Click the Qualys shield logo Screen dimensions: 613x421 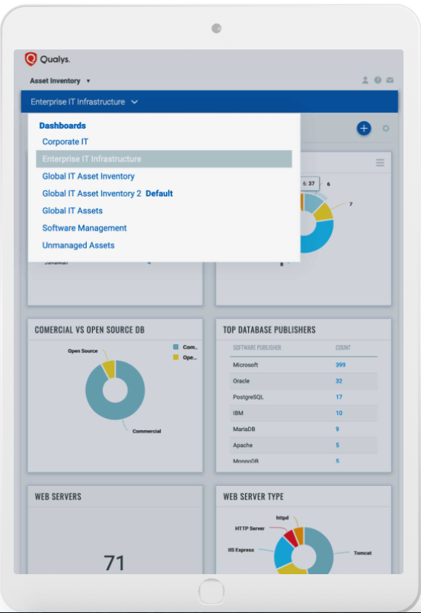[31, 59]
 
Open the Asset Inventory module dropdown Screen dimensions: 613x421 [59, 81]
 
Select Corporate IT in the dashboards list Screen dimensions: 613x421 [65, 142]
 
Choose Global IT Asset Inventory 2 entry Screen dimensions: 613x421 [92, 193]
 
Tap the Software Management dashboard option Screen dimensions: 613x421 [85, 228]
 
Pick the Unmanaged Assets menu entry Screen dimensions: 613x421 [78, 245]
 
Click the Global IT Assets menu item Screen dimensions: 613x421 [72, 211]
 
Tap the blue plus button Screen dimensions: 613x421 [364, 129]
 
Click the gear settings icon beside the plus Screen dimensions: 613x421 [386, 129]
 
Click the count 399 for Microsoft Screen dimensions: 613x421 [340, 365]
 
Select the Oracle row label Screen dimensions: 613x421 [241, 381]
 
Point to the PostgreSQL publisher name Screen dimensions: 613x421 [248, 397]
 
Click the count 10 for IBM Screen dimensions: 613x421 [339, 413]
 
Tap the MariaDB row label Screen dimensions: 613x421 [243, 429]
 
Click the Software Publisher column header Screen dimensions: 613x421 [257, 348]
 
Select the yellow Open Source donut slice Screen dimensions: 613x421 [109, 369]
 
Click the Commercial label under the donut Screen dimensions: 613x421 [146, 431]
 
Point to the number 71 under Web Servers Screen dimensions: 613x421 [114, 563]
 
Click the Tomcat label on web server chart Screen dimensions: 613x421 [362, 554]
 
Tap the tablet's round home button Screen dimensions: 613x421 [211, 591]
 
